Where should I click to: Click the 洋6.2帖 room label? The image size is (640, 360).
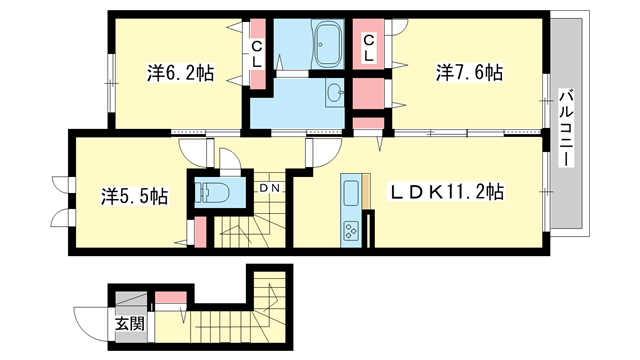click(181, 73)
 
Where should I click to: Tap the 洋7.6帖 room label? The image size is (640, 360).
click(468, 73)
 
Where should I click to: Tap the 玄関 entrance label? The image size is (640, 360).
click(128, 324)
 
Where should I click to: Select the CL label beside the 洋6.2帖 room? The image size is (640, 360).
click(258, 52)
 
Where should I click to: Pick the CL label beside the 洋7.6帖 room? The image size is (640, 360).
click(369, 47)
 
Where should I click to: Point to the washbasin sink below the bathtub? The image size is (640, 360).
click(333, 96)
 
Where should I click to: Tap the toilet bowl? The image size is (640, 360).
click(214, 192)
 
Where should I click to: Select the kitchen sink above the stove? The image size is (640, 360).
click(352, 190)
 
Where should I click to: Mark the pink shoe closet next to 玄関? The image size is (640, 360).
click(170, 297)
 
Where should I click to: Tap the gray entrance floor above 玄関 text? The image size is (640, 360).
click(130, 301)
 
